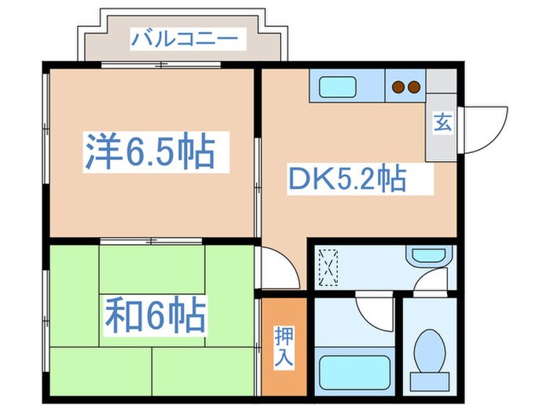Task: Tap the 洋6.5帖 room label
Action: coord(149,151)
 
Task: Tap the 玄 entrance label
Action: coord(442,123)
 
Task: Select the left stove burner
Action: coord(398,86)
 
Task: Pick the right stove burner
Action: coord(413,86)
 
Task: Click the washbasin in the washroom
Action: coord(429,256)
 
